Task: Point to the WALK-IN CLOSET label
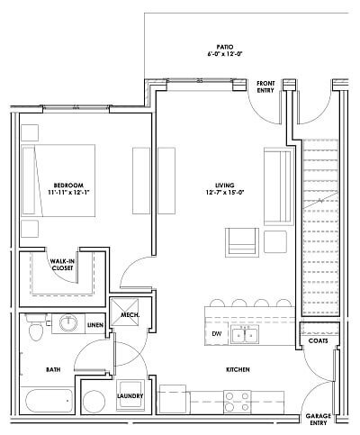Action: [62, 266]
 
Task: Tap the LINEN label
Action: [95, 324]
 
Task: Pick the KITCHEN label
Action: [238, 370]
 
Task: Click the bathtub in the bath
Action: [47, 402]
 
